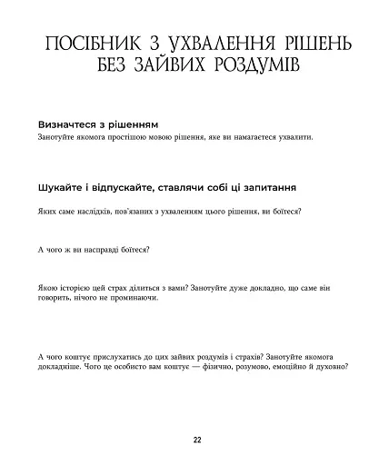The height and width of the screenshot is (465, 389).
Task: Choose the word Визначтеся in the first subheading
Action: pos(68,123)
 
